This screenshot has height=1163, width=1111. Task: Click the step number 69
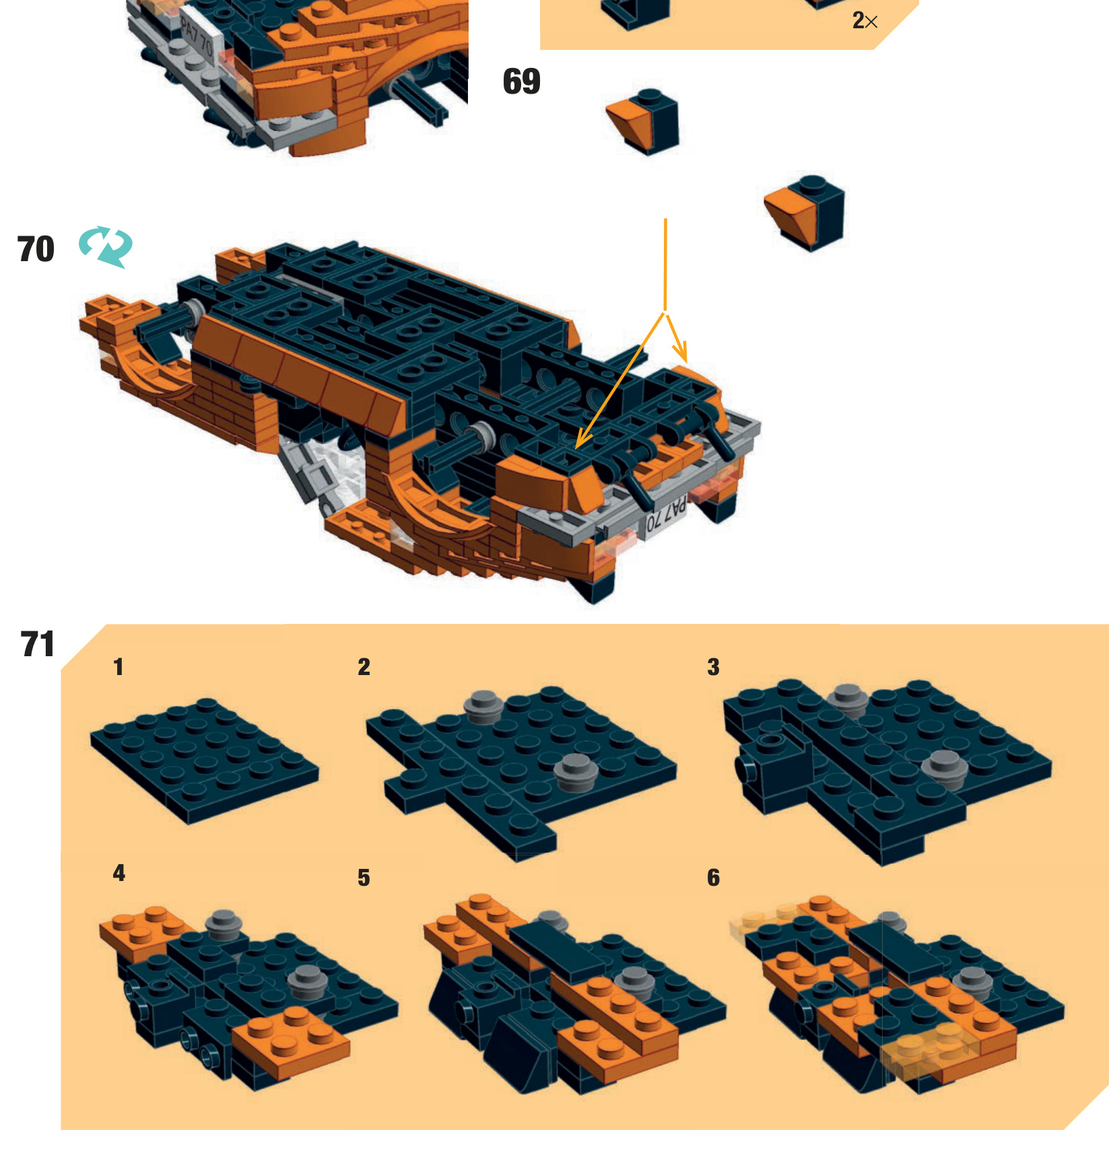point(521,81)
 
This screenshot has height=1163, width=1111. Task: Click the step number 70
point(36,249)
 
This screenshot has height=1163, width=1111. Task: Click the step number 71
point(38,644)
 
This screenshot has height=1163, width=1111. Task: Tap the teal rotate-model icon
point(106,246)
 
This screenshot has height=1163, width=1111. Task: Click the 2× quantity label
point(865,21)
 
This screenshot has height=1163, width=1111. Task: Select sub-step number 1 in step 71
point(119,667)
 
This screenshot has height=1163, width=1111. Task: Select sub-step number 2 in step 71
point(364,667)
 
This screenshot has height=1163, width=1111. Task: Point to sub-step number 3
point(714,667)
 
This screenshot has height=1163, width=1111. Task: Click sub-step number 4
point(119,873)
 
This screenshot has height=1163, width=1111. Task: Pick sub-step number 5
point(364,878)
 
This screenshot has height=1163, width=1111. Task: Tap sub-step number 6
point(714,878)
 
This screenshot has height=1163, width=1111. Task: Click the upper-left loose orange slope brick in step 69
point(643,122)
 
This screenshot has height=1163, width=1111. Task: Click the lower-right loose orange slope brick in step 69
point(805,213)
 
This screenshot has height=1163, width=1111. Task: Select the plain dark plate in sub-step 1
point(205,761)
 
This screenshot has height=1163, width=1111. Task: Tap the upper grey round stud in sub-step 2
point(483,706)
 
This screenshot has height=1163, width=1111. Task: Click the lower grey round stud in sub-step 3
point(945,769)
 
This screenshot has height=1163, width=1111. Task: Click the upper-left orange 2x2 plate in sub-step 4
point(140,931)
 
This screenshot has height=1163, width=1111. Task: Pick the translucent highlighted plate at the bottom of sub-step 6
point(931,1052)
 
